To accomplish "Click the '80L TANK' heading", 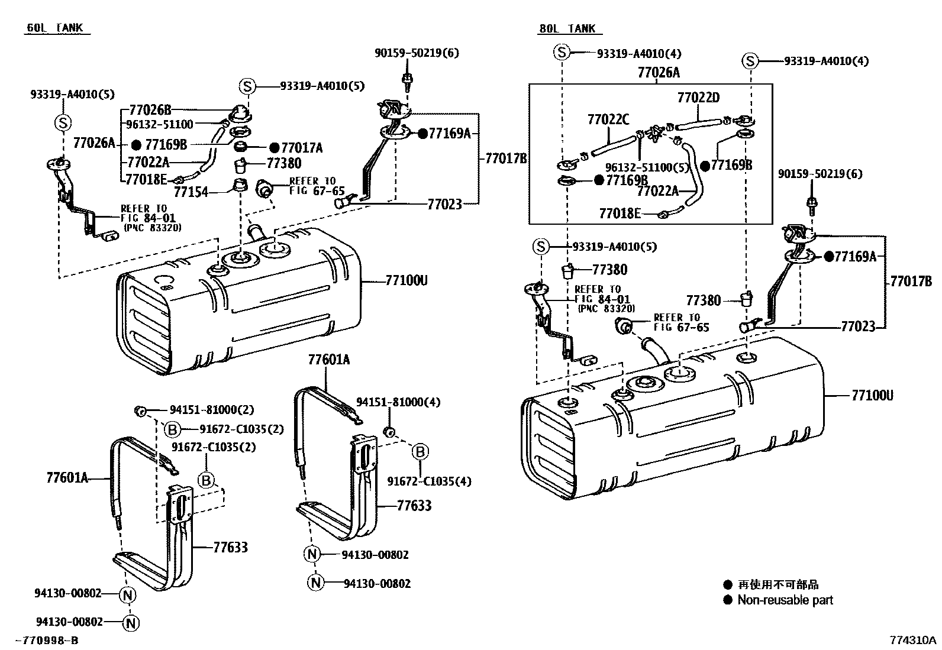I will tap(567, 28).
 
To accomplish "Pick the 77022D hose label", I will tap(698, 97).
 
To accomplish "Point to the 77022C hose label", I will tap(608, 119).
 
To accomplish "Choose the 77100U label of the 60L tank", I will tap(406, 280).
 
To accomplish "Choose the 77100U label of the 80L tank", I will tap(872, 395).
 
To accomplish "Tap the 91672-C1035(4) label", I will tap(430, 481).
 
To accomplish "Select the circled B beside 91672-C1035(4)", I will tap(420, 452).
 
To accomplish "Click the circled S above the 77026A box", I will tap(562, 53).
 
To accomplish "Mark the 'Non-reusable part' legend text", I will tap(785, 600).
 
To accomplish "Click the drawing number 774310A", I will tap(914, 641).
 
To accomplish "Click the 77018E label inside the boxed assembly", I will tap(620, 214).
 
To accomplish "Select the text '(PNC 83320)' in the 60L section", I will tap(153, 227).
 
